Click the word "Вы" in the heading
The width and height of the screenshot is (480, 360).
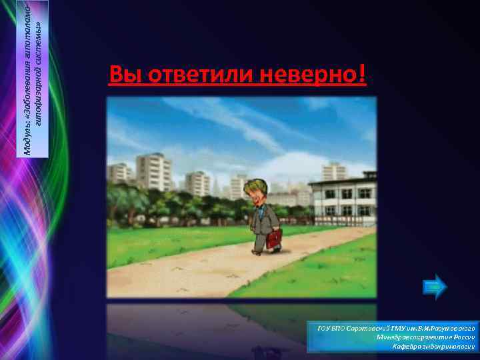(x=122, y=75)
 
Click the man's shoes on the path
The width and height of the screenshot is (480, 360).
(x=265, y=251)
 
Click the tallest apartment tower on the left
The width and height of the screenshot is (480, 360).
(x=153, y=171)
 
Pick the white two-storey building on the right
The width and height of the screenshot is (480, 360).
(x=343, y=198)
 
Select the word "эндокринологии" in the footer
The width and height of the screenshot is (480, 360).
(x=449, y=347)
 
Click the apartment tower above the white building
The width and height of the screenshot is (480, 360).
(x=335, y=171)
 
